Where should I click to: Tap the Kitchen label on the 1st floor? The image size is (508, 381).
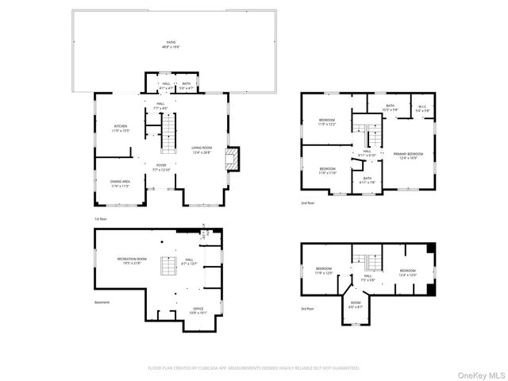pyautogui.click(x=120, y=128)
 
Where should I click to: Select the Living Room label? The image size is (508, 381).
pyautogui.click(x=202, y=149)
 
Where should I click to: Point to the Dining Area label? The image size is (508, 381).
pyautogui.click(x=121, y=183)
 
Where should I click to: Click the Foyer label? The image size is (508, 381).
pyautogui.click(x=160, y=167)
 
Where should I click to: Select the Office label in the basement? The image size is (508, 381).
pyautogui.click(x=198, y=310)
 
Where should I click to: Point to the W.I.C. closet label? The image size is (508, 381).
pyautogui.click(x=420, y=109)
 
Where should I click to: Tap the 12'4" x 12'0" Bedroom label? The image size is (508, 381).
pyautogui.click(x=407, y=273)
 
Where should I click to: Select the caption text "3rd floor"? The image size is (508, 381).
pyautogui.click(x=307, y=308)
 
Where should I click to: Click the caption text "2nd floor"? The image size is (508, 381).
pyautogui.click(x=307, y=203)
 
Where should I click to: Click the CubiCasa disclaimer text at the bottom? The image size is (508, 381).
pyautogui.click(x=254, y=368)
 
